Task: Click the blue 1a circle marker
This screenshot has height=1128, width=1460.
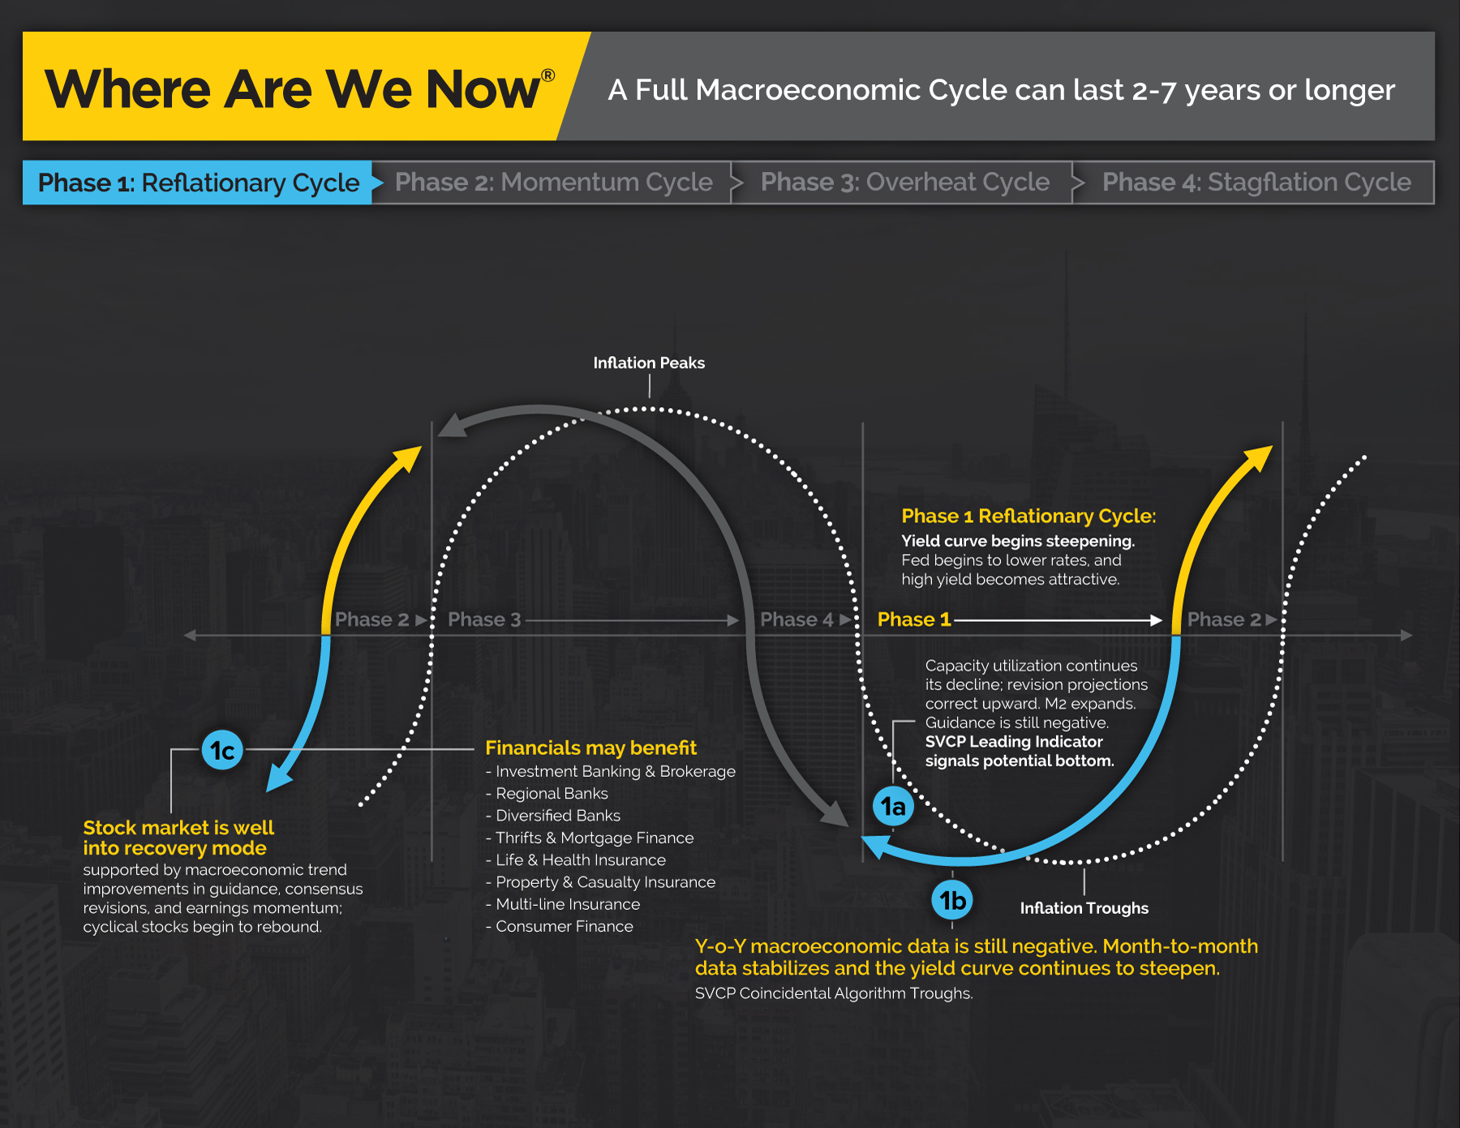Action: point(893,806)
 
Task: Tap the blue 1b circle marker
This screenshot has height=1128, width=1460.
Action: point(952,900)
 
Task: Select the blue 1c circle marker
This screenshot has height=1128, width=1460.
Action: point(222,751)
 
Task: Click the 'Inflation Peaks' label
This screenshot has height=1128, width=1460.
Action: point(649,362)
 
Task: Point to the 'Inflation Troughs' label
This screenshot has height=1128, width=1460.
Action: point(1084,908)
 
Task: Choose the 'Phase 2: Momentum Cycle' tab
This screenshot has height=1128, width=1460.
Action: point(554,182)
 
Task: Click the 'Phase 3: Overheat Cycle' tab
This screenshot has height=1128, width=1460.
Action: point(905,182)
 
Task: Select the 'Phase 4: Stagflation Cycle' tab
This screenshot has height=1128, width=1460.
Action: point(1256,182)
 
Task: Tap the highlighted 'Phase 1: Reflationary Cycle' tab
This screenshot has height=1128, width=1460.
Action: point(199,182)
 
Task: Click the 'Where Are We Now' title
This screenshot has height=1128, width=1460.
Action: point(293,88)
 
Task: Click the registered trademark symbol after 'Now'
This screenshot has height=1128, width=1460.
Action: point(548,75)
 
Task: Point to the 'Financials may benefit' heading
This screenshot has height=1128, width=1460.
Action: point(590,748)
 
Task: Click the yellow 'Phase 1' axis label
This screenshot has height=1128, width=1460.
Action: point(914,620)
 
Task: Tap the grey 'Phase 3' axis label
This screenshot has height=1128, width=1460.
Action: point(484,620)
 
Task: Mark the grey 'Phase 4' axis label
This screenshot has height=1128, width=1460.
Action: point(797,620)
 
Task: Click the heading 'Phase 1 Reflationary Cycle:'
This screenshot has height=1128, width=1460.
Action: point(1028,516)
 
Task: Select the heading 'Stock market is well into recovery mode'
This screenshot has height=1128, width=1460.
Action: point(178,838)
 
